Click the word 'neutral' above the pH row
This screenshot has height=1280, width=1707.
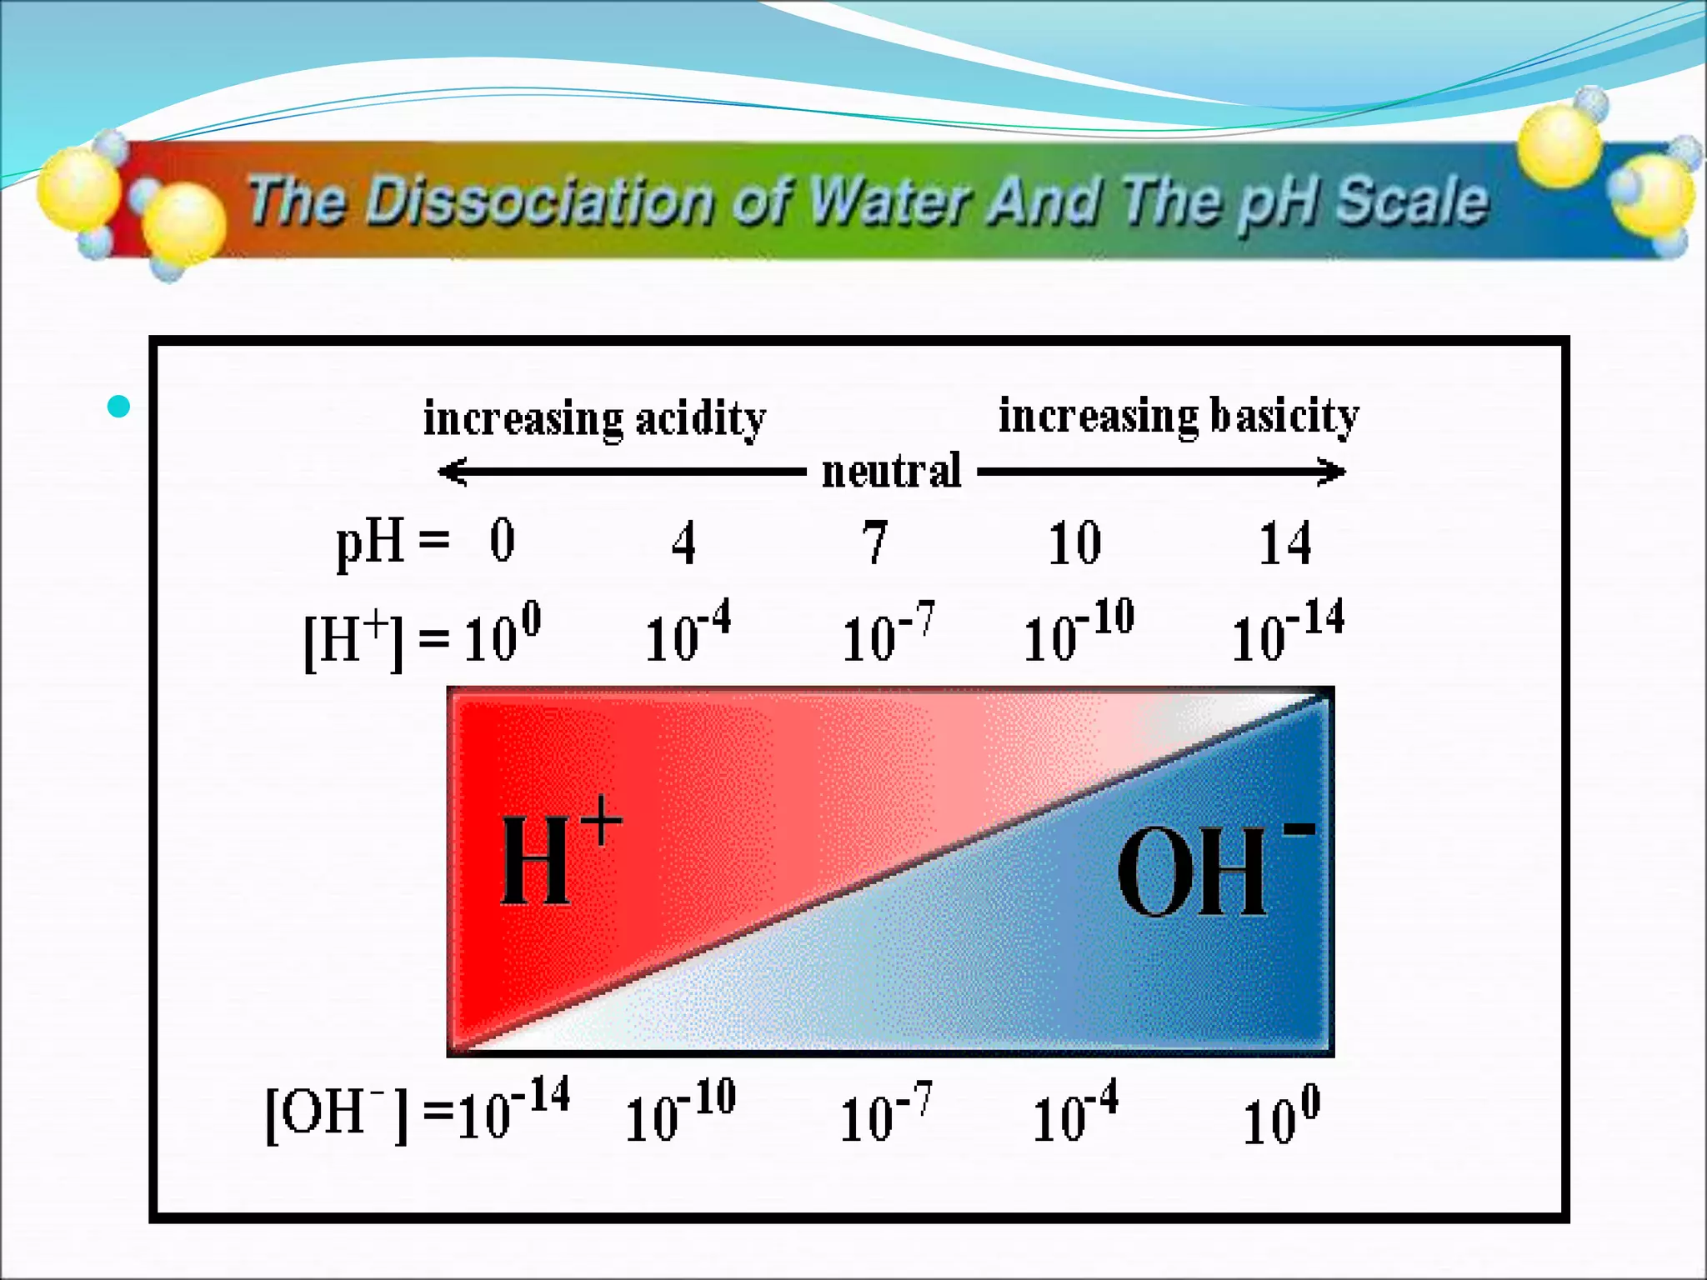pyautogui.click(x=891, y=471)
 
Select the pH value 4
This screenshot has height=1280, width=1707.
pyautogui.click(x=683, y=543)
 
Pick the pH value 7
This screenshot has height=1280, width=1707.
pyautogui.click(x=874, y=542)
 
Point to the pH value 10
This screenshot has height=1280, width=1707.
pyautogui.click(x=1074, y=543)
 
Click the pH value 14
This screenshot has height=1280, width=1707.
pyautogui.click(x=1284, y=543)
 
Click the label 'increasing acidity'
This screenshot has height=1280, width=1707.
pyautogui.click(x=594, y=418)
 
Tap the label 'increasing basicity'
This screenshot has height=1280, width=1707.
pyautogui.click(x=1179, y=416)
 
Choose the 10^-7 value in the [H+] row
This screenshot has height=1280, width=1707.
pyautogui.click(x=888, y=633)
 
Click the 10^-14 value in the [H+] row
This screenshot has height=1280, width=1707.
pyautogui.click(x=1287, y=632)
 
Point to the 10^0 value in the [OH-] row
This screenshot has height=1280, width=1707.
pyautogui.click(x=1281, y=1116)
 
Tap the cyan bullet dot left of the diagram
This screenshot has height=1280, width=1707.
pyautogui.click(x=119, y=407)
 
